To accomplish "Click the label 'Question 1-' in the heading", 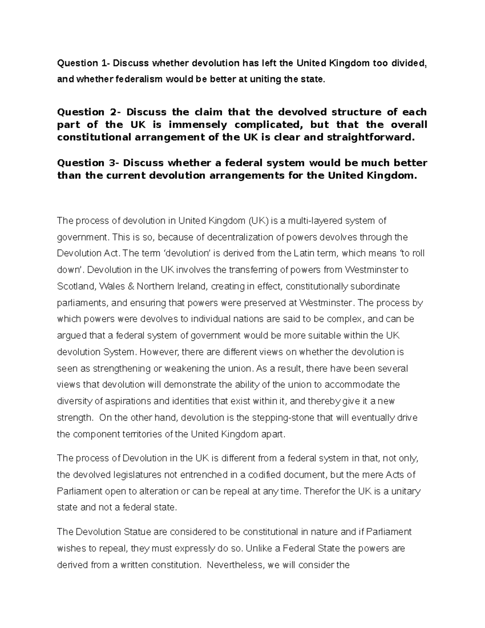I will click(83, 63).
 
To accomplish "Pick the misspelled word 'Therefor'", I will click(322, 491).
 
